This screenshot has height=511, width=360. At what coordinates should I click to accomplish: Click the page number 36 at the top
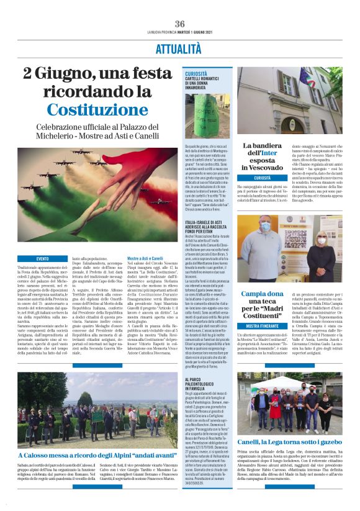coord(180,24)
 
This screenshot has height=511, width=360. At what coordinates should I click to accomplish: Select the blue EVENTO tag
coord(43,258)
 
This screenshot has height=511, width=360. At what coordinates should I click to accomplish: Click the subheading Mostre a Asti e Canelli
coord(163,258)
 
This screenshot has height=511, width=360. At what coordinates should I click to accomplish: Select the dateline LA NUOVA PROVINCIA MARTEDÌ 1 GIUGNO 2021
coord(180,32)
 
